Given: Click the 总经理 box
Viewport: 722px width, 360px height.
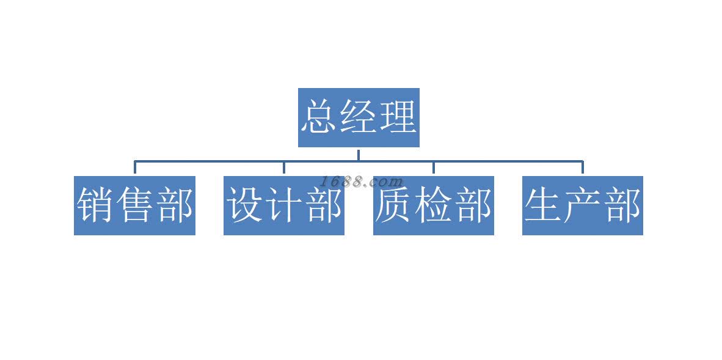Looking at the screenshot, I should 359,117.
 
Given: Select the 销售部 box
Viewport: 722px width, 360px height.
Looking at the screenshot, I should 134,205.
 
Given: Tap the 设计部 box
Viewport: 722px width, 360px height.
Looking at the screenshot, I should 284,205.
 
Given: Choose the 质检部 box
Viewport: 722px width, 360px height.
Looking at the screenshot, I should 433,205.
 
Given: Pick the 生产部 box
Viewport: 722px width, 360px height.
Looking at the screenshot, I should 582,205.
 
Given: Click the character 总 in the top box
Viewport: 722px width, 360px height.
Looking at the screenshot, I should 320,117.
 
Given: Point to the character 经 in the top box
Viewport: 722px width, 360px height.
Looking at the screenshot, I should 359,117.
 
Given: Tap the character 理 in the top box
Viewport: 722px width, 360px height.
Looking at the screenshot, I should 398,117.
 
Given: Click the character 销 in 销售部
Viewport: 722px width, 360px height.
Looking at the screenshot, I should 96,205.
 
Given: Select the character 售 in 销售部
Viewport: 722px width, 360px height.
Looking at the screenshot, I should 135,205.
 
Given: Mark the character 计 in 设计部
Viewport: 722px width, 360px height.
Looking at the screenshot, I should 284,205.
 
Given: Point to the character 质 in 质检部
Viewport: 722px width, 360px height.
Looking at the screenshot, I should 394,205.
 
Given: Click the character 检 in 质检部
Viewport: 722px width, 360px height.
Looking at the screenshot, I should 433,205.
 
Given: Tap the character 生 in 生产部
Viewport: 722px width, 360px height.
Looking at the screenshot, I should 544,205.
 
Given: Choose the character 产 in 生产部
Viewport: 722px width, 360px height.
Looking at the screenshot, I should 583,205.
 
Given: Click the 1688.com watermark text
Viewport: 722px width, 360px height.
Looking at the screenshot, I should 361,182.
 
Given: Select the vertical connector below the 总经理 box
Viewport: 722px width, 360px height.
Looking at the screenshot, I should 359,154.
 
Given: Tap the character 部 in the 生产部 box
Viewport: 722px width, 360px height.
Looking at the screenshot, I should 622,205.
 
